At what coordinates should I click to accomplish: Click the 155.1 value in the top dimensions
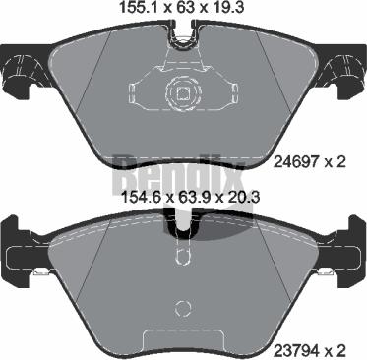click(x=139, y=7)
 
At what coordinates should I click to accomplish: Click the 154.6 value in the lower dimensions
click(x=142, y=198)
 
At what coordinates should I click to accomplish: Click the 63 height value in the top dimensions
click(x=186, y=7)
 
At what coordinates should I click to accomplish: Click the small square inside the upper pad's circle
click(x=183, y=93)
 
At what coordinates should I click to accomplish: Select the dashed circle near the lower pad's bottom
click(x=183, y=308)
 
